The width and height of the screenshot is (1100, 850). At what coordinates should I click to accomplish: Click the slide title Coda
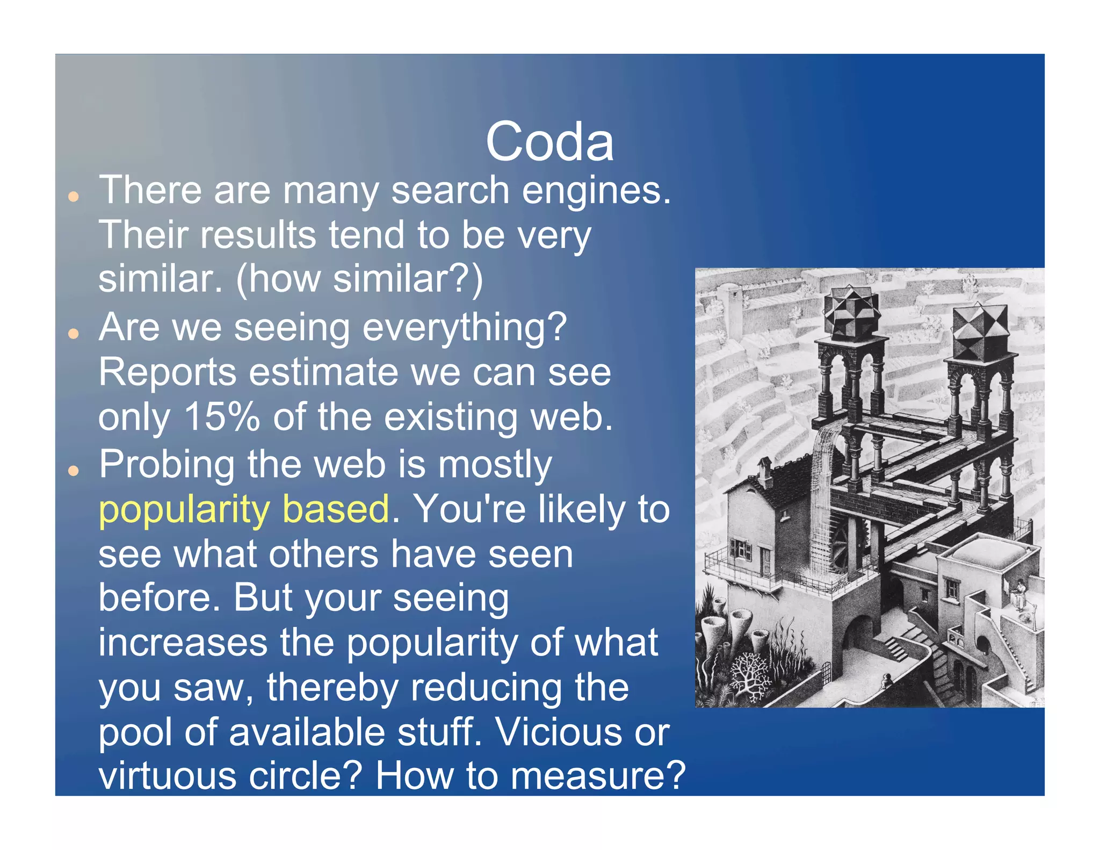[x=549, y=142]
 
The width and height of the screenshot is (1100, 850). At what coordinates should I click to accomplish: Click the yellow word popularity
[x=184, y=509]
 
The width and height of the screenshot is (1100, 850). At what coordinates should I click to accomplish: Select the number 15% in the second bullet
[x=221, y=417]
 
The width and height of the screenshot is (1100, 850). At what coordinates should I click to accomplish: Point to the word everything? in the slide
[x=465, y=328]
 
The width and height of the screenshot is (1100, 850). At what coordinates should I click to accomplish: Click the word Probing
[x=167, y=465]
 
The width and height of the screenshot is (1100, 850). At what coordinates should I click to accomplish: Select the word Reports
[x=167, y=372]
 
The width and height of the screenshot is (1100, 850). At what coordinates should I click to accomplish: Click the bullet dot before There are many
[x=74, y=197]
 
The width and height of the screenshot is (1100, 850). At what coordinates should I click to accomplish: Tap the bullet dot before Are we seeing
[x=74, y=334]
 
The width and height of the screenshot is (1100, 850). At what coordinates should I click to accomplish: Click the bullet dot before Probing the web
[x=74, y=471]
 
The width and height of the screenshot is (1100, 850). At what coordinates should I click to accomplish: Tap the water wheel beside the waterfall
[x=841, y=543]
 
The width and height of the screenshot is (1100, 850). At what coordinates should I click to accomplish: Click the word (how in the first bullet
[x=277, y=279]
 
